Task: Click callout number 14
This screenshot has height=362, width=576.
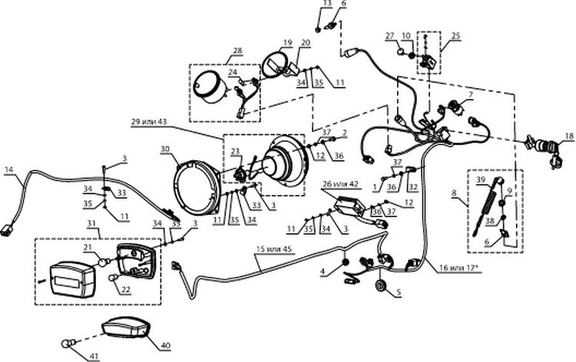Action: [8, 169]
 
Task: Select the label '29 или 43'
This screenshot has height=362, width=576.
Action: [149, 122]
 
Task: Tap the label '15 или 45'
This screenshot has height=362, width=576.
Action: [273, 249]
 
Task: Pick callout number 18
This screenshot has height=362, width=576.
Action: [568, 136]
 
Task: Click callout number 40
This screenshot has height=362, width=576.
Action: [166, 345]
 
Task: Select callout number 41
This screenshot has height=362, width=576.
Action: [94, 356]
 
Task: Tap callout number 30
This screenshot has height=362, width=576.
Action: [165, 149]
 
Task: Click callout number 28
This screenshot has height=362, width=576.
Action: [237, 51]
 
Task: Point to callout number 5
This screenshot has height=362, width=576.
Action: [399, 293]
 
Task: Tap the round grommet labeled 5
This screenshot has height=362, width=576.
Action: [380, 285]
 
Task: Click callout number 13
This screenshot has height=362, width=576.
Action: [327, 4]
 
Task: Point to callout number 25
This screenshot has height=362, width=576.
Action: [455, 36]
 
